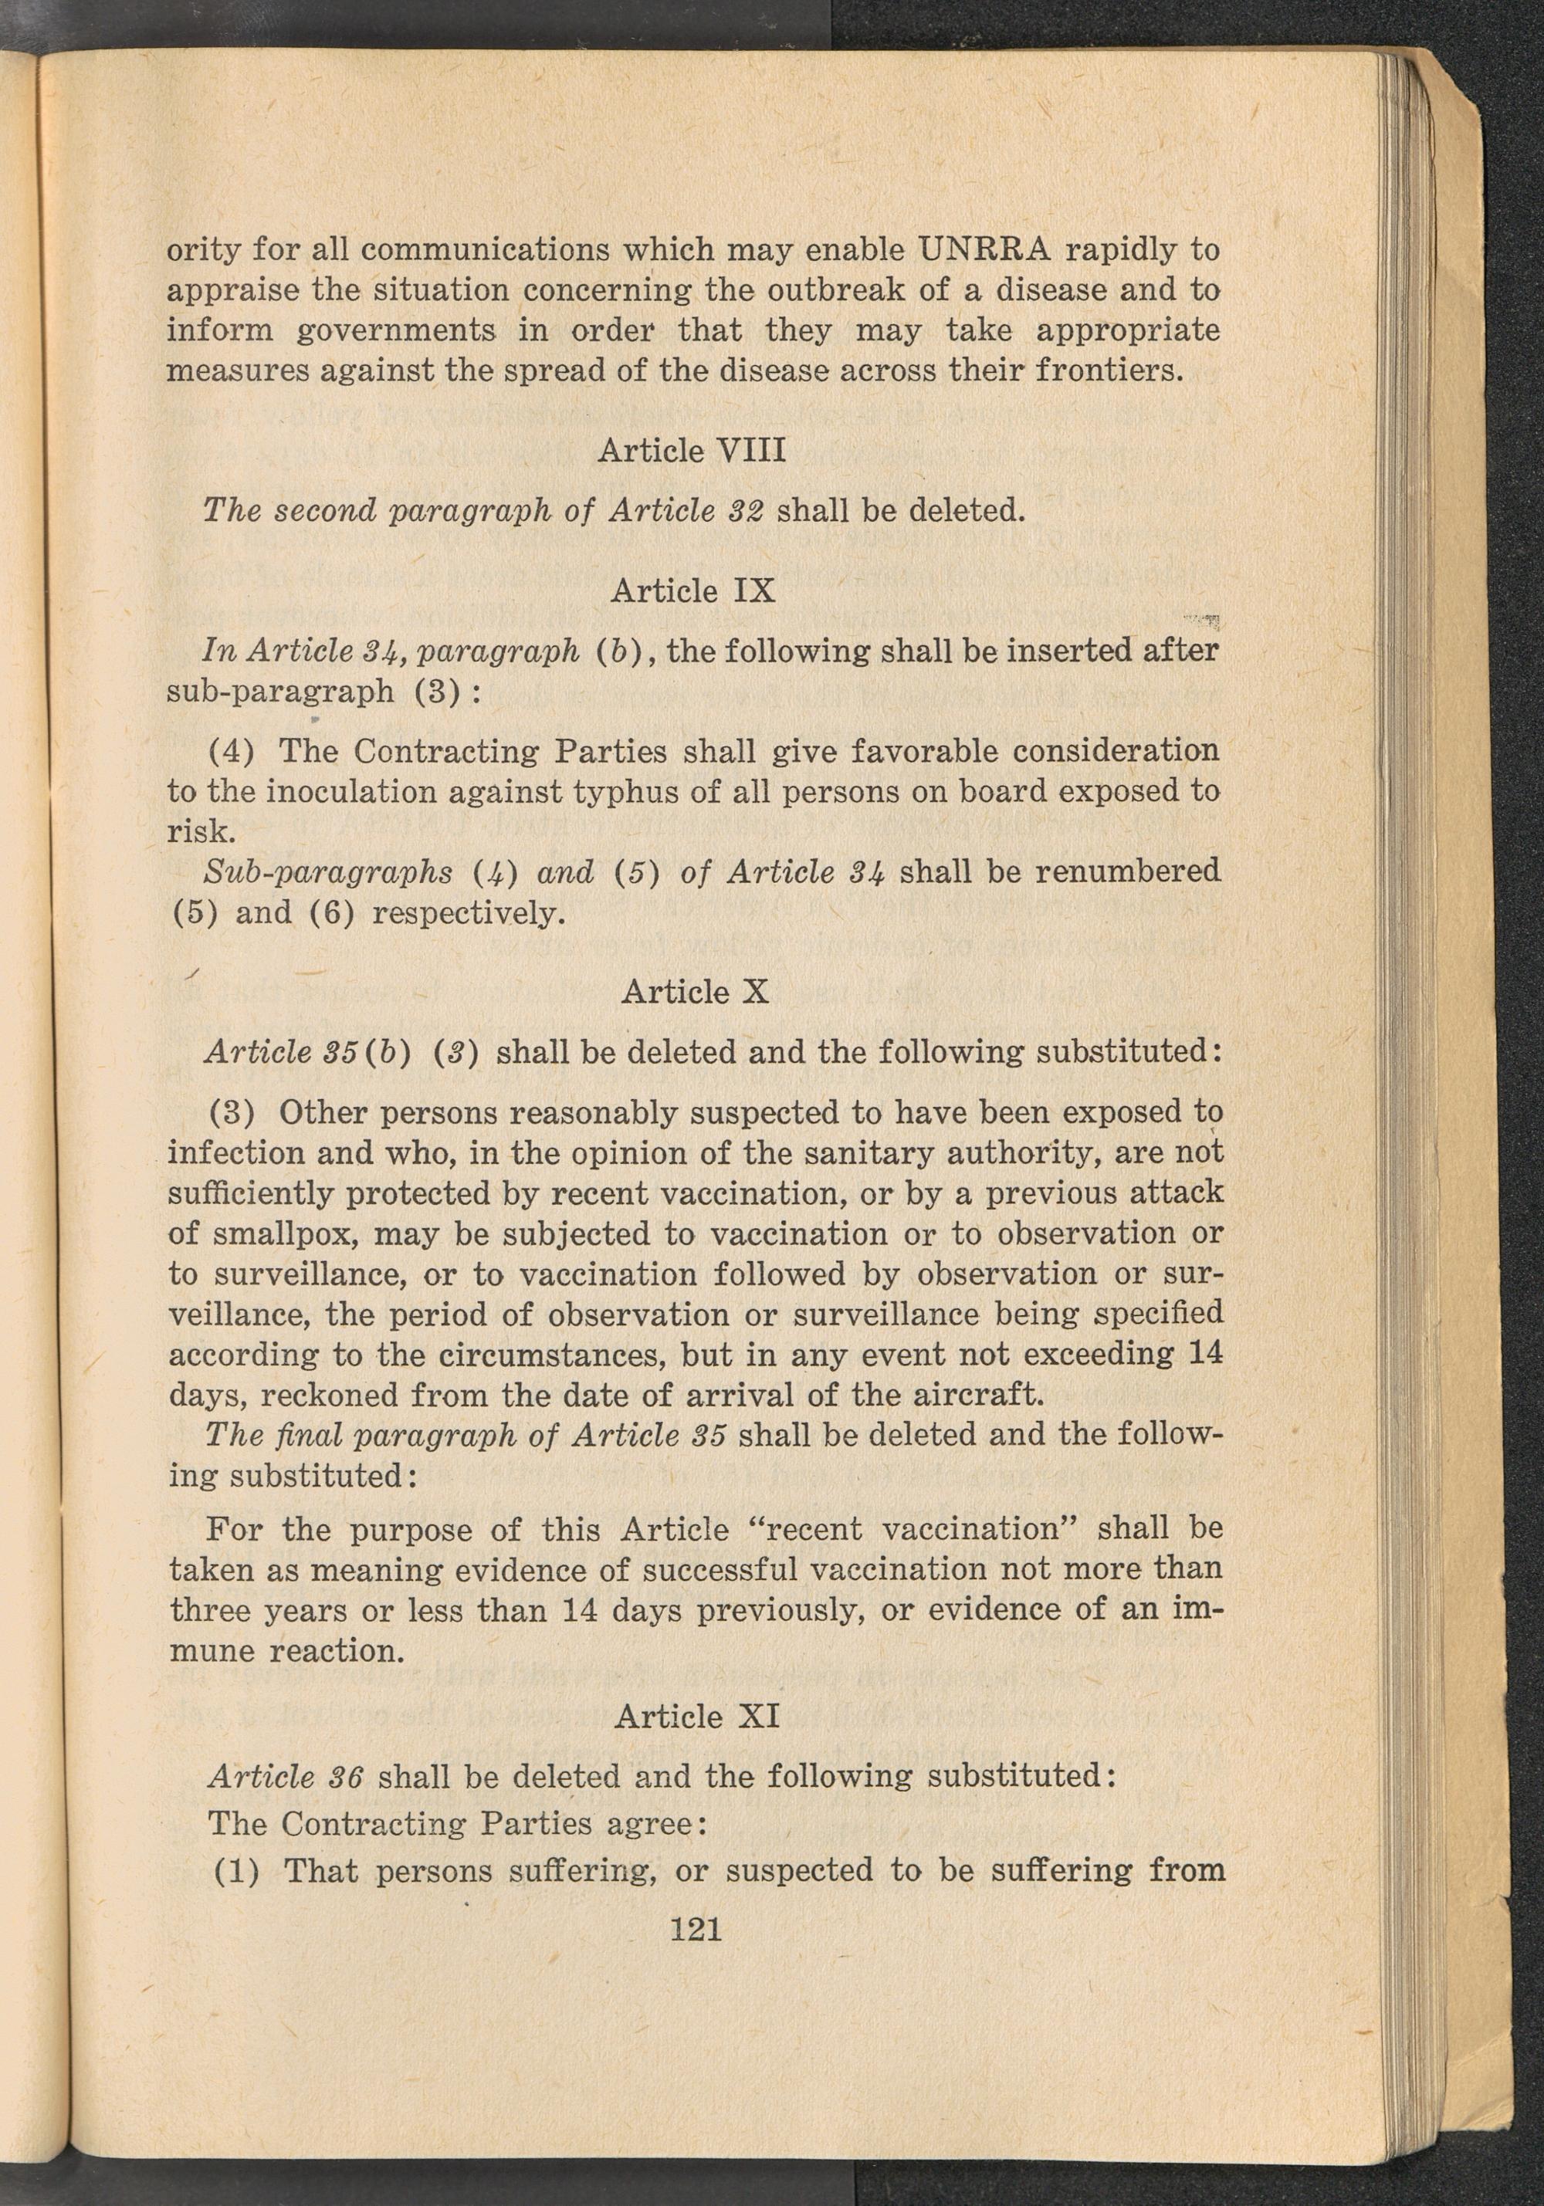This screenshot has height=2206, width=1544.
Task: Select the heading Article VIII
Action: pyautogui.click(x=692, y=450)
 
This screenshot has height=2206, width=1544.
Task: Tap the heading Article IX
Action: pyautogui.click(x=692, y=590)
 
